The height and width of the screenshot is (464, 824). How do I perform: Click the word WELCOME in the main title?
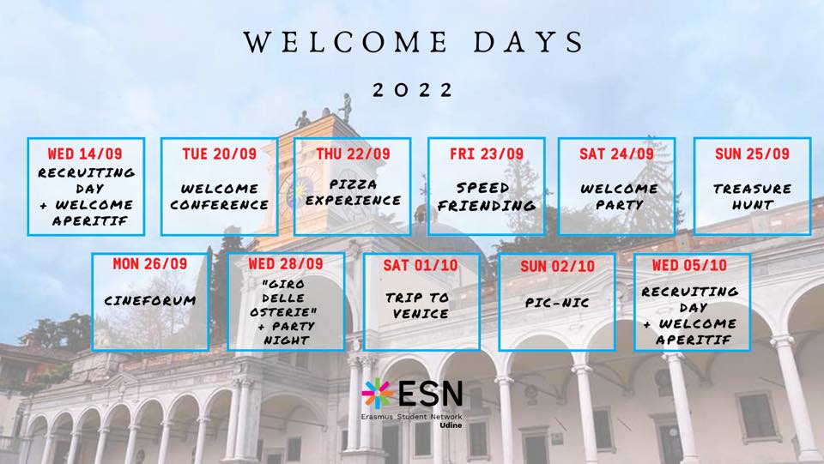[345, 42]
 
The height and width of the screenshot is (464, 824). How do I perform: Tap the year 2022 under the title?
[413, 90]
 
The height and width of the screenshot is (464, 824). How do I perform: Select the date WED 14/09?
[85, 154]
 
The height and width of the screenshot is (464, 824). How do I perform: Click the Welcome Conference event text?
[219, 196]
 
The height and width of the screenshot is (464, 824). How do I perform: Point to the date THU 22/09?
[353, 154]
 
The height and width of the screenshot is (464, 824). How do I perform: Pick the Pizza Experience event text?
[353, 193]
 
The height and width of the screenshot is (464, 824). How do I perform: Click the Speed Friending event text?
[487, 196]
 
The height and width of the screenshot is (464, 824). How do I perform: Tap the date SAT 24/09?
[616, 154]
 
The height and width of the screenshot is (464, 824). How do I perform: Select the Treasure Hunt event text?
[752, 196]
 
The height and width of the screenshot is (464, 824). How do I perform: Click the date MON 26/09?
[149, 263]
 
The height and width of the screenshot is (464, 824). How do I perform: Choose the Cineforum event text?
[149, 301]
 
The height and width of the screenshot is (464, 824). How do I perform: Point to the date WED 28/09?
[286, 263]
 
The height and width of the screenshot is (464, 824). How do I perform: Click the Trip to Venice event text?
[418, 305]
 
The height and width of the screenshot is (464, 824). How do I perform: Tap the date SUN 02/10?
[558, 267]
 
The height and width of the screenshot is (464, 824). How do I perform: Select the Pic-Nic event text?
[557, 303]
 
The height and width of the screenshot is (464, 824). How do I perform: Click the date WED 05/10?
[689, 265]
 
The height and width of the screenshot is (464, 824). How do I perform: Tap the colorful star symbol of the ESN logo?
[378, 393]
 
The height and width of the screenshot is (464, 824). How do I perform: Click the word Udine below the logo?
[451, 425]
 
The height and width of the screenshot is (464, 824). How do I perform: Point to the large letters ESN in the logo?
[431, 393]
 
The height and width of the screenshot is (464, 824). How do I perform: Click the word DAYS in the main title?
[529, 42]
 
